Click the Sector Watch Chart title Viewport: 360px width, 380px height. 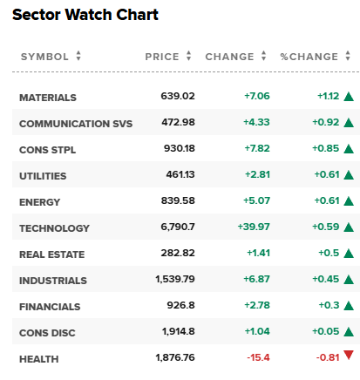[x=85, y=15]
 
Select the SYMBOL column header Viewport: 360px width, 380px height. [x=44, y=57]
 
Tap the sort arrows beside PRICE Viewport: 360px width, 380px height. [x=189, y=56]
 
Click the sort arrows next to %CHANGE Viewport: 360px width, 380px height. [x=348, y=56]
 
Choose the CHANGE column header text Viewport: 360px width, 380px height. [x=229, y=57]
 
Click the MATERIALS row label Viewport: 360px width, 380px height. [x=48, y=98]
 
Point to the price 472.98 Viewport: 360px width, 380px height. [x=178, y=122]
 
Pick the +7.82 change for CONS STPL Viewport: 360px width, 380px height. [x=257, y=148]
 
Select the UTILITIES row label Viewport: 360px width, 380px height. [x=43, y=176]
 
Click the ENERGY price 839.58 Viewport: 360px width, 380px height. [x=178, y=200]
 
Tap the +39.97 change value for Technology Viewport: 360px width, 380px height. [x=254, y=227]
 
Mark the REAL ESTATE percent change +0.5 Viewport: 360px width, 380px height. [x=329, y=253]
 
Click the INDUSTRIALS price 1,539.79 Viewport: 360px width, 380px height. [x=175, y=279]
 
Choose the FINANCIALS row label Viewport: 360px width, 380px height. [x=50, y=307]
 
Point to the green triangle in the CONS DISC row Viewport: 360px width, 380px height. [x=349, y=331]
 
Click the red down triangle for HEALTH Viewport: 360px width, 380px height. [x=349, y=355]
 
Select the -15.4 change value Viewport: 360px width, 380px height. [x=258, y=357]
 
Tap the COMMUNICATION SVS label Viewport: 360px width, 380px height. [x=76, y=124]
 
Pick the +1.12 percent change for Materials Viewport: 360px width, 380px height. [x=328, y=96]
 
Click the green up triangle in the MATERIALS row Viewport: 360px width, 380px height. [x=349, y=96]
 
